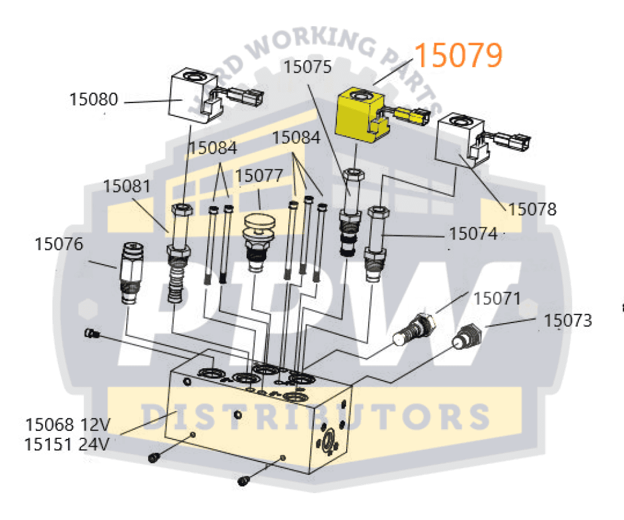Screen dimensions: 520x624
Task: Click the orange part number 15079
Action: point(459,55)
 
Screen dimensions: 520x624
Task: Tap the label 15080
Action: point(93,99)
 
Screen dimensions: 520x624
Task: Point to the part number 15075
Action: point(307,66)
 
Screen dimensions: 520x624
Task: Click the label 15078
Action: point(533,209)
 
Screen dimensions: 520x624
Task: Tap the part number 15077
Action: point(260,176)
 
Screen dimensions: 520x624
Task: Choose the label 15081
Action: point(127,186)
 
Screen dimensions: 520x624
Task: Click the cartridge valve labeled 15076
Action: point(129,272)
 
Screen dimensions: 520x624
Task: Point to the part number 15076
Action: point(58,244)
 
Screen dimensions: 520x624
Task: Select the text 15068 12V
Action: point(67,424)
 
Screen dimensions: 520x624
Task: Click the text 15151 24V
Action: point(67,444)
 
